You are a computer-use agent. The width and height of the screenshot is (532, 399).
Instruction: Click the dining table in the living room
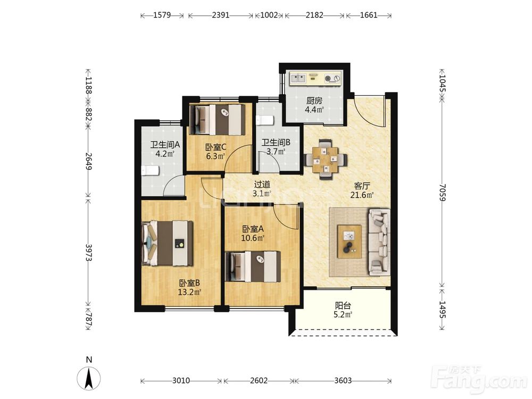tap(326, 159)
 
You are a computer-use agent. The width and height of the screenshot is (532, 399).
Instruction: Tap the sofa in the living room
tap(379, 241)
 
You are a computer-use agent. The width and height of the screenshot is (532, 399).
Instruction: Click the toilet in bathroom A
tap(150, 170)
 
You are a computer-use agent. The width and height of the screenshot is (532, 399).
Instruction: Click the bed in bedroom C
tap(217, 119)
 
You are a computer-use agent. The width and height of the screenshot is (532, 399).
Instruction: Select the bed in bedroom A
tap(253, 267)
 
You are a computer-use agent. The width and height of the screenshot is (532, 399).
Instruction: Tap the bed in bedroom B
tap(168, 243)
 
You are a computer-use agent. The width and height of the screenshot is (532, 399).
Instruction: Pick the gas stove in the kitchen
tap(332, 78)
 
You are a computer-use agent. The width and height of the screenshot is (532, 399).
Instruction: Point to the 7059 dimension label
tap(442, 193)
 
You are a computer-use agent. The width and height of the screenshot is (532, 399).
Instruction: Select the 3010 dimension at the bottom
tap(181, 381)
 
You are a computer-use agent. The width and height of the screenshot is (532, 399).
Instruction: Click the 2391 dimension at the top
tap(221, 15)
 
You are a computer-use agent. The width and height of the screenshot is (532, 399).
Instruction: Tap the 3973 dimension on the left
tap(88, 252)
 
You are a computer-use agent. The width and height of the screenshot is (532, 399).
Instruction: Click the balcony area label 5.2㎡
tap(343, 315)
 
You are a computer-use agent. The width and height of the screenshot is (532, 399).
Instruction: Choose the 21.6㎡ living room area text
tap(362, 195)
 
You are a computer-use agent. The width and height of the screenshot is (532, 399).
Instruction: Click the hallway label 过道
tap(262, 185)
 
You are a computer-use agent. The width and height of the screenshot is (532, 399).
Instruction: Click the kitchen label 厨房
tap(314, 101)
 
